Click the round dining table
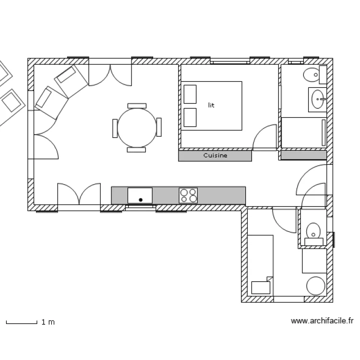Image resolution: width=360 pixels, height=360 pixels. [137, 127]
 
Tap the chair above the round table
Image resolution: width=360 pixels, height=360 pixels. [137, 105]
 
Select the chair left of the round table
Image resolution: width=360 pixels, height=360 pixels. [115, 128]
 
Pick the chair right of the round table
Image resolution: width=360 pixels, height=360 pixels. [159, 127]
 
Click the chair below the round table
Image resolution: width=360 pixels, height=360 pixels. [137, 150]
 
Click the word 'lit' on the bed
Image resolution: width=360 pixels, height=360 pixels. [211, 105]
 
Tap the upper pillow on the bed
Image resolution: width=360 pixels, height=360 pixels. [190, 94]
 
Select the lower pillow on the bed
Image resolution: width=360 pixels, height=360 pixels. [190, 117]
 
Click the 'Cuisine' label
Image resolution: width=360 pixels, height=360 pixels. [215, 156]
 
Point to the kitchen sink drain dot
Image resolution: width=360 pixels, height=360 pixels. [141, 199]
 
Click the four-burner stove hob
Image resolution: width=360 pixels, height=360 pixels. [188, 195]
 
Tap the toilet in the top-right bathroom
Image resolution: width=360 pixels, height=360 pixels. [314, 74]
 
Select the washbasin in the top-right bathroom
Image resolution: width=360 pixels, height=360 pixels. [318, 100]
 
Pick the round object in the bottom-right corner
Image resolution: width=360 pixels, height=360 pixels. [316, 286]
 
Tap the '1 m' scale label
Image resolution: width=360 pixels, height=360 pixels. [48, 322]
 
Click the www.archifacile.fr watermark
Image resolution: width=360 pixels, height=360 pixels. [322, 321]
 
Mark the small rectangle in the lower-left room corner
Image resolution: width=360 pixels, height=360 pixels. [261, 287]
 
